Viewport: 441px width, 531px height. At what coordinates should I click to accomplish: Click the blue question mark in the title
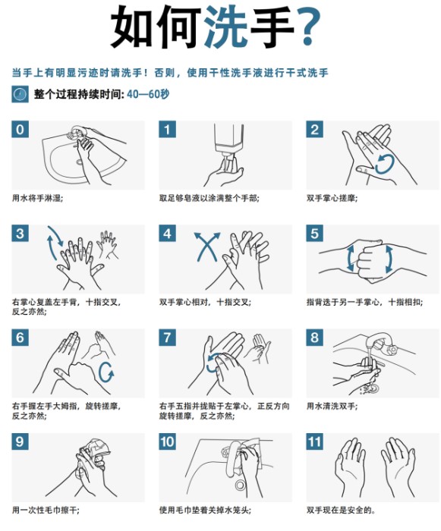(308, 27)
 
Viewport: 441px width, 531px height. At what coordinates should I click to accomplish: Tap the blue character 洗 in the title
(225, 27)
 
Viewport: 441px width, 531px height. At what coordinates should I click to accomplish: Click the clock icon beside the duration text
(20, 94)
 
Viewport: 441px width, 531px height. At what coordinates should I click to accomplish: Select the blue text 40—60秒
(148, 94)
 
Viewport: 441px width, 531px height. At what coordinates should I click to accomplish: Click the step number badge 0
(20, 130)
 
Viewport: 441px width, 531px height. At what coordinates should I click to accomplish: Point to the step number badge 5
(314, 234)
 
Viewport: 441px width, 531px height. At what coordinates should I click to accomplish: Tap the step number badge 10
(168, 441)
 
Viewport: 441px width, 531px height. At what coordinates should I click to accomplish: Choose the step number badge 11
(314, 441)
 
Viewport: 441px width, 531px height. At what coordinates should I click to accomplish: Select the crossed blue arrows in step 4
(206, 247)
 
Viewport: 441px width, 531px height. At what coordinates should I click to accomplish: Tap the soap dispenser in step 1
(229, 143)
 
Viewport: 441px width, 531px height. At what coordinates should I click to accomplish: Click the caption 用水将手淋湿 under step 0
(37, 198)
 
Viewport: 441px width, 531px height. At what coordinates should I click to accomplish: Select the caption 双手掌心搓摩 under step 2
(331, 198)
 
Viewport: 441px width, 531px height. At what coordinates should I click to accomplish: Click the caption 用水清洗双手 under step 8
(331, 406)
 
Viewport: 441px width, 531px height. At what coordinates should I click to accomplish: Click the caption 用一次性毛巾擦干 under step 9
(45, 510)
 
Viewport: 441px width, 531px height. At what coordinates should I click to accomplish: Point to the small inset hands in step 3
(107, 245)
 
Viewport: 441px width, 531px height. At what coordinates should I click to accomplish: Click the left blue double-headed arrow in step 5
(350, 259)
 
